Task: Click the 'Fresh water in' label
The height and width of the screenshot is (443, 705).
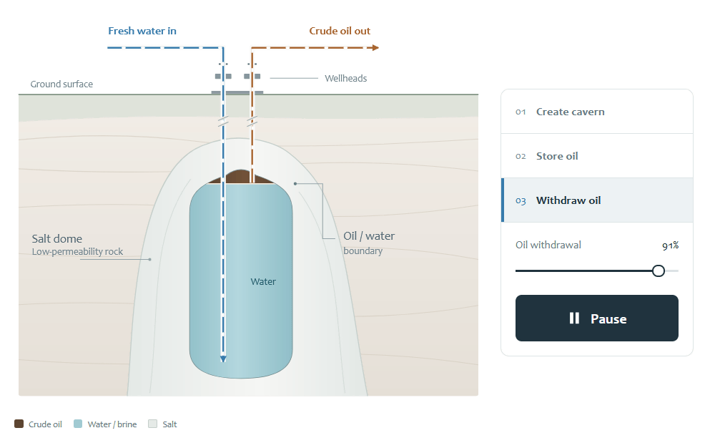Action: coord(142,31)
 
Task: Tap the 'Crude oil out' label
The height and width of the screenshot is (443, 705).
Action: coord(340,31)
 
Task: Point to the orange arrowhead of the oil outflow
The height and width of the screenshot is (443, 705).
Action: coord(376,48)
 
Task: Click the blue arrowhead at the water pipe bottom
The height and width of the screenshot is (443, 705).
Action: coord(223,359)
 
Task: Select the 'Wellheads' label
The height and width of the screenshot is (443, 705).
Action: coord(346,78)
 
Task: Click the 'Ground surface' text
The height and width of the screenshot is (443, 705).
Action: coord(61,84)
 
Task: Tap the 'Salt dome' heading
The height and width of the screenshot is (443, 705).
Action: coord(57,238)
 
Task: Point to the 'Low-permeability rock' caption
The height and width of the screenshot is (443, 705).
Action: coord(77,252)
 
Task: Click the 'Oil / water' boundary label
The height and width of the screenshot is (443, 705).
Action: coord(369,236)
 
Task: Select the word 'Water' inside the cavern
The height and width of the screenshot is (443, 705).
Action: coord(263,282)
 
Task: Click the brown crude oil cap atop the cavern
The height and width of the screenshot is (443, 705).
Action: coord(240,177)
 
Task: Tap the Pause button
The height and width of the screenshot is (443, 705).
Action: coord(596,318)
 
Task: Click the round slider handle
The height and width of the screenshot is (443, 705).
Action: coord(659,271)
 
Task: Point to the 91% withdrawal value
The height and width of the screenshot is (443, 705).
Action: coord(671,245)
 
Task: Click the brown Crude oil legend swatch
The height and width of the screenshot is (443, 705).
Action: coord(19,424)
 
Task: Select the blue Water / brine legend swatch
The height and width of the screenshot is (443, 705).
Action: coord(78,424)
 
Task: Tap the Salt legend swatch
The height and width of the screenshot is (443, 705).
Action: coord(153,424)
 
